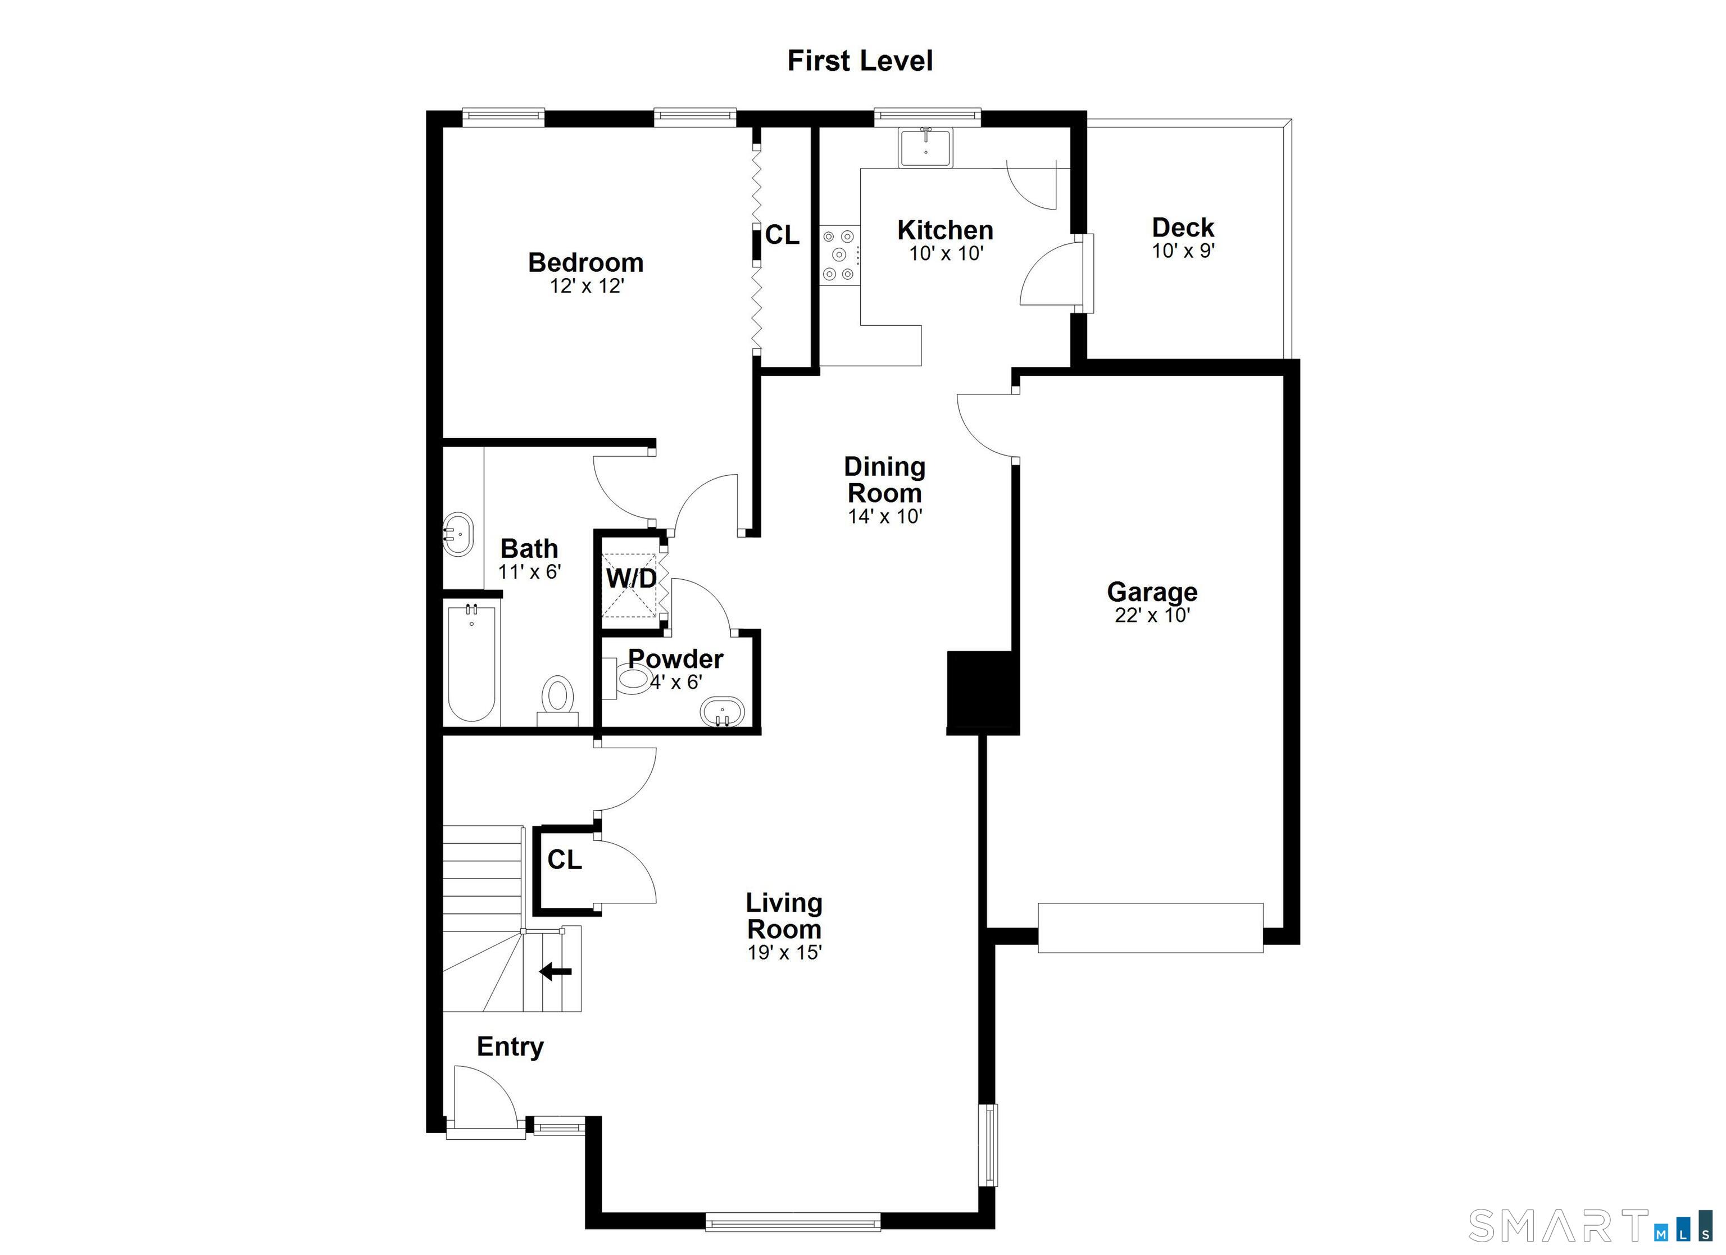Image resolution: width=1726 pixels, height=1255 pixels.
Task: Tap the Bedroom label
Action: (585, 262)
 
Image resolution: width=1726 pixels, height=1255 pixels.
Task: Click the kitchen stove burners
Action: (839, 255)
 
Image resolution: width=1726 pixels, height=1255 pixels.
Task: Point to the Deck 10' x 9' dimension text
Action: (1183, 251)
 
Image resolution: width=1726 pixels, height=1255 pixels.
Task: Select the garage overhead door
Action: (1150, 927)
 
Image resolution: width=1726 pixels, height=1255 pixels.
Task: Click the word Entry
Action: (510, 1047)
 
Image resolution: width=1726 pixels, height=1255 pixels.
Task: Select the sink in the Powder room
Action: (722, 712)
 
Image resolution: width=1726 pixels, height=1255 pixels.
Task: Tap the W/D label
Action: (631, 579)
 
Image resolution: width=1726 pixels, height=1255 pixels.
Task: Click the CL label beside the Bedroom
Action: (782, 235)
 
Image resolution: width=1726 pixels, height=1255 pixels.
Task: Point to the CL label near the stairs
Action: (564, 860)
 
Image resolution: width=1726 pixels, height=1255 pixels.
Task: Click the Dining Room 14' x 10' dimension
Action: (885, 517)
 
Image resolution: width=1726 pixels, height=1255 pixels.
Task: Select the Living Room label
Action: (784, 916)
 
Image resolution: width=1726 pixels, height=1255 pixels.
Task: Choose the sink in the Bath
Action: (458, 534)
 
